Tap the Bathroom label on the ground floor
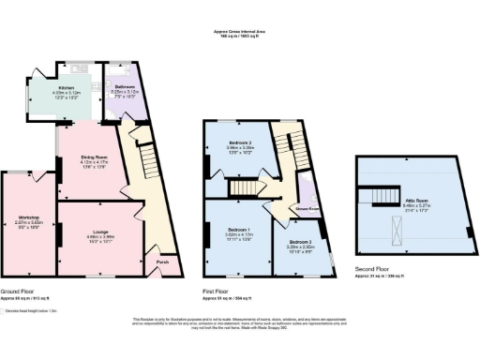(126, 88)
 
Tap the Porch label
(162, 262)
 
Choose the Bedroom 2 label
(241, 142)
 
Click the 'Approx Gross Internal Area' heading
(239, 32)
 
